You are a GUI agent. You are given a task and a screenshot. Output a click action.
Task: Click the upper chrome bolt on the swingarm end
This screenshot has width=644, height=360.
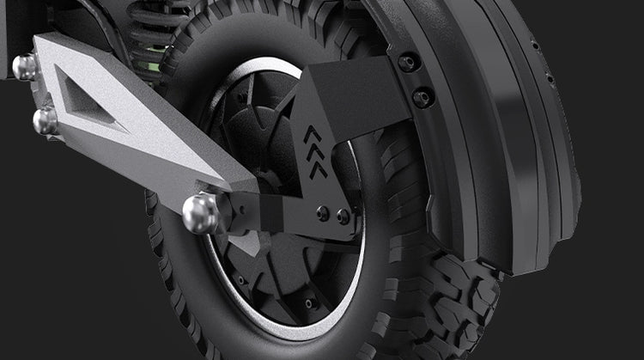click(24, 67)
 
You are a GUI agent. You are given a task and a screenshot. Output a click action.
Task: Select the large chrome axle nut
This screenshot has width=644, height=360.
click(201, 214)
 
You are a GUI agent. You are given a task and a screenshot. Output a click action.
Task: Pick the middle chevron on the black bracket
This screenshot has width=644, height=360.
click(315, 152)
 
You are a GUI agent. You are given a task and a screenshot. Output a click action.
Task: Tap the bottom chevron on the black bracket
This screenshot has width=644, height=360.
click(319, 168)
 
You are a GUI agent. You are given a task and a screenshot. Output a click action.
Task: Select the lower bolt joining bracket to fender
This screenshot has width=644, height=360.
click(422, 97)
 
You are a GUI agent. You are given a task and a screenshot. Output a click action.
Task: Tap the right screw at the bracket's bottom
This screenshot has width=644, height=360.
click(343, 217)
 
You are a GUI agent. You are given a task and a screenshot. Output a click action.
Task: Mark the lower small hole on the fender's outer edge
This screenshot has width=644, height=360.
click(550, 79)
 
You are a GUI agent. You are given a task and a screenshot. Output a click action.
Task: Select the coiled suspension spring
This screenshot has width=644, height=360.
click(159, 26)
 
